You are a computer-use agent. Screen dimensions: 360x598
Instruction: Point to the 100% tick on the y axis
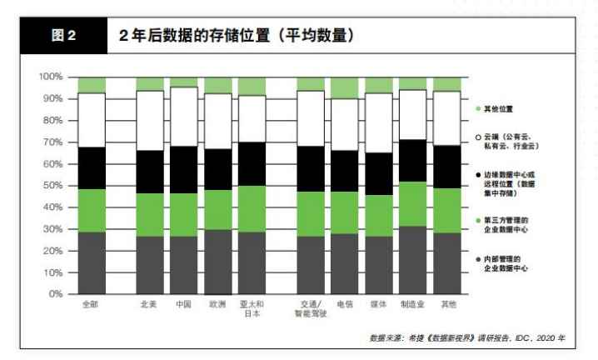tap(51, 77)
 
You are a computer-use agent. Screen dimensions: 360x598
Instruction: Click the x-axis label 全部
tap(92, 305)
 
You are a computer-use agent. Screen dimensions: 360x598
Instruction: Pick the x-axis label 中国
tap(183, 305)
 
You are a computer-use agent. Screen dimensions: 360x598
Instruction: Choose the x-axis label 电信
tap(344, 305)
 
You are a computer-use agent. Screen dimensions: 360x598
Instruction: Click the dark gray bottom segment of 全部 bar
tap(92, 262)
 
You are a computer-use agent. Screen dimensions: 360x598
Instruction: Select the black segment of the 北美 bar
tap(150, 172)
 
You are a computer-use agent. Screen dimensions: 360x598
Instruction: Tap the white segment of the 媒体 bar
tap(378, 122)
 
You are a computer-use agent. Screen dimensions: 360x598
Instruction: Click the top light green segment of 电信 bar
tap(344, 87)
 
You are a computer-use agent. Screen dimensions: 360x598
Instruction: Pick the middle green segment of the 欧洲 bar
tap(218, 209)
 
